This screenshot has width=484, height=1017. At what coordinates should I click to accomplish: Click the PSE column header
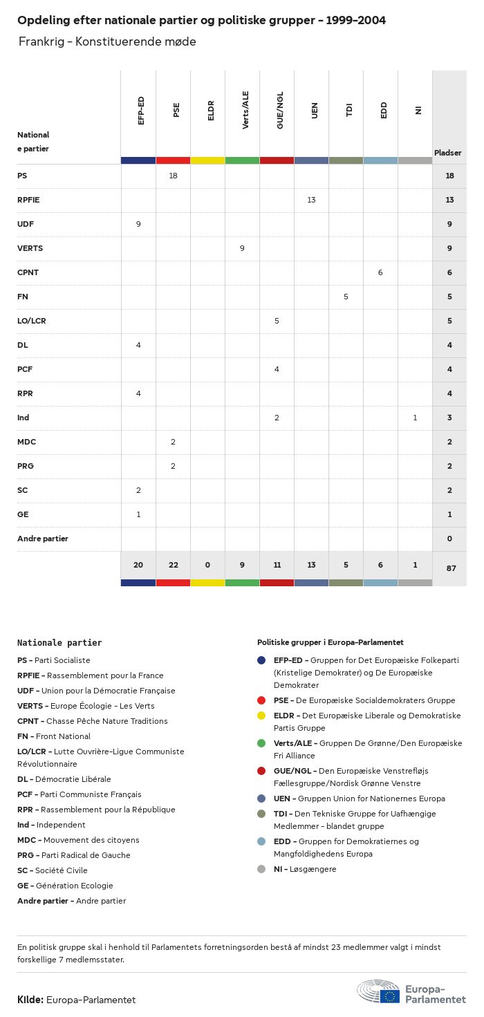tap(176, 109)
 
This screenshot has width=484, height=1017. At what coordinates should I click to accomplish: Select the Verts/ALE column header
tap(245, 110)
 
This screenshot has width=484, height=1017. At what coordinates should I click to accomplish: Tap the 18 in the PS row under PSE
tap(173, 176)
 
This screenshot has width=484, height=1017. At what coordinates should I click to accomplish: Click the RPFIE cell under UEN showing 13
tap(311, 200)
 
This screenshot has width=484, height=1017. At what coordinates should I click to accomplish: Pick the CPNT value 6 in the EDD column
tap(380, 272)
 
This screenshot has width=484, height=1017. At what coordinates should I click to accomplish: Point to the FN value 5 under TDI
tap(346, 297)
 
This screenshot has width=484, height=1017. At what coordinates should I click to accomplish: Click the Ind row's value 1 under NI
tap(415, 418)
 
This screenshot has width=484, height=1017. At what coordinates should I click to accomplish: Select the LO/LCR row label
tap(32, 321)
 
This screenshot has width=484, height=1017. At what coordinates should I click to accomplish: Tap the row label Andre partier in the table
tap(43, 539)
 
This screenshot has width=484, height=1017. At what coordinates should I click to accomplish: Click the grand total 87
tap(450, 568)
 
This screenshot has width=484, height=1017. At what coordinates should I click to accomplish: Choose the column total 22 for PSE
tap(173, 565)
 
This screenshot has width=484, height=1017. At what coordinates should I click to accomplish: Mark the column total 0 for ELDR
tap(207, 565)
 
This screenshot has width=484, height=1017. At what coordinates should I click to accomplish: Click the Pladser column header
tap(448, 153)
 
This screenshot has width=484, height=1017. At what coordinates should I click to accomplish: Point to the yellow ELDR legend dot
tap(261, 716)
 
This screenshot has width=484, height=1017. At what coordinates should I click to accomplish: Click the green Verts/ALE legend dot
tap(261, 743)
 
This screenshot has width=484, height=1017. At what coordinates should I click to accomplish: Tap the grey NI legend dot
tap(261, 869)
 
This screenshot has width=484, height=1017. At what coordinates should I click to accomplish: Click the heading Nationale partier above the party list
tap(59, 643)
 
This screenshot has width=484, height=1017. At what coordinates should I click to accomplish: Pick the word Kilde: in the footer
tap(30, 1000)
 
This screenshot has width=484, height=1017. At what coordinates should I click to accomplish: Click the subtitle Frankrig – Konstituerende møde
tap(108, 41)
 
